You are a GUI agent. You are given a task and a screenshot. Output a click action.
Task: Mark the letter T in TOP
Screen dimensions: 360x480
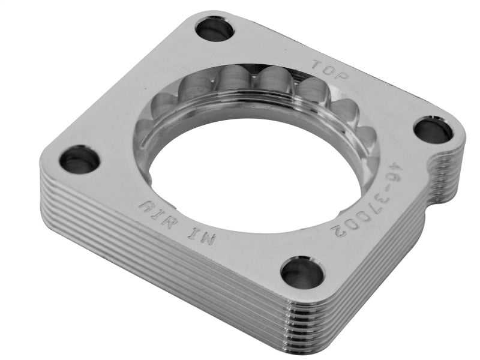coord(318,64)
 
